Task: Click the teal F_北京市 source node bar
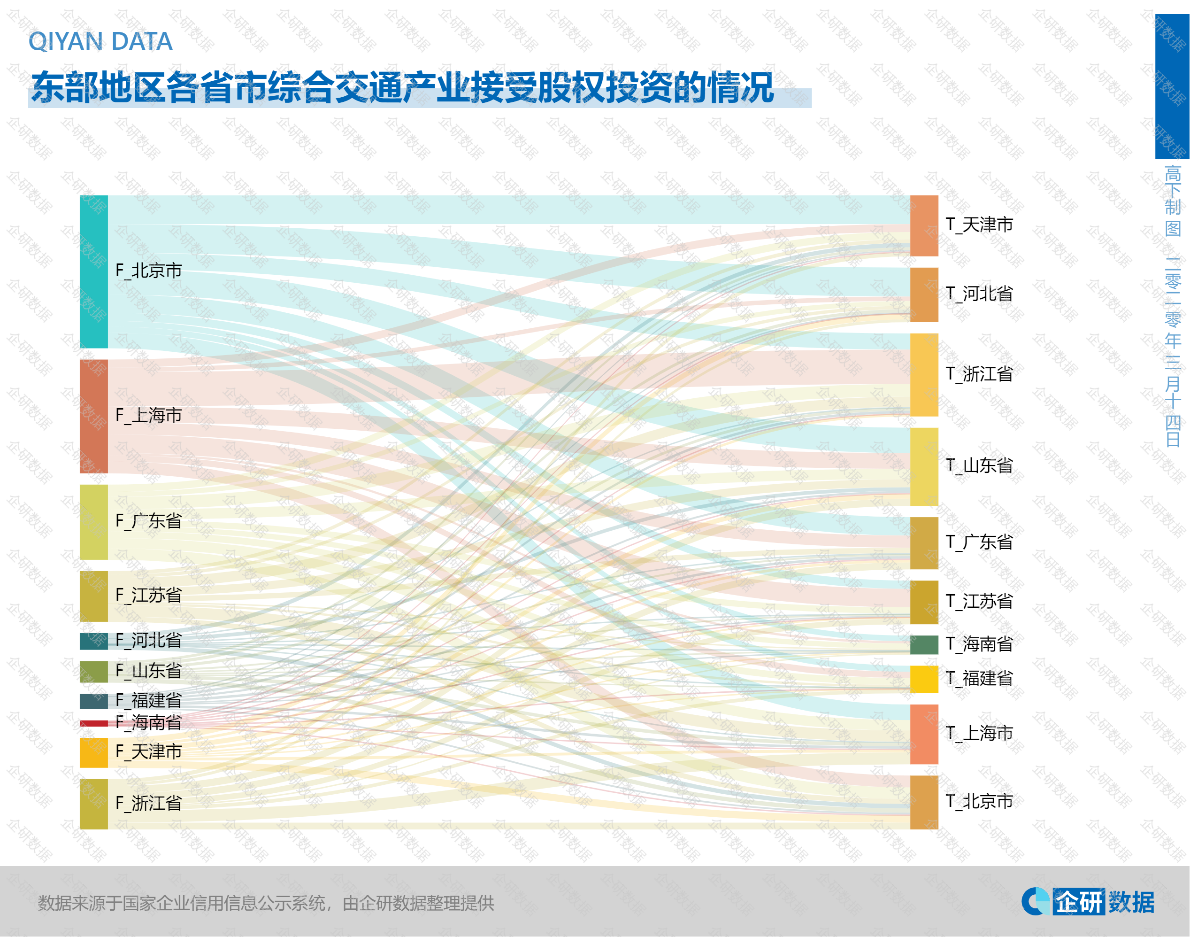[x=94, y=271]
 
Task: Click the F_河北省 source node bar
[x=94, y=641]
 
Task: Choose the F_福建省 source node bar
[x=94, y=701]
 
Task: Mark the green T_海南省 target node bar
[x=924, y=644]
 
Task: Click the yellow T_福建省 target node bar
[x=924, y=679]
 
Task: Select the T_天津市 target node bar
[x=924, y=225]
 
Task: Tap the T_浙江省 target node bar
[x=924, y=375]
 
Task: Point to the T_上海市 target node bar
[x=924, y=734]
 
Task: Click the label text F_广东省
[x=149, y=520]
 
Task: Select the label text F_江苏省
[x=149, y=595]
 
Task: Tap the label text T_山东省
[x=979, y=466]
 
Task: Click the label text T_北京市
[x=979, y=801]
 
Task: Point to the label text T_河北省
[x=979, y=294]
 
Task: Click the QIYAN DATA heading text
[x=100, y=42]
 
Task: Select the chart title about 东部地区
[x=402, y=88]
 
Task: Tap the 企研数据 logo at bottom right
[x=1088, y=901]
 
